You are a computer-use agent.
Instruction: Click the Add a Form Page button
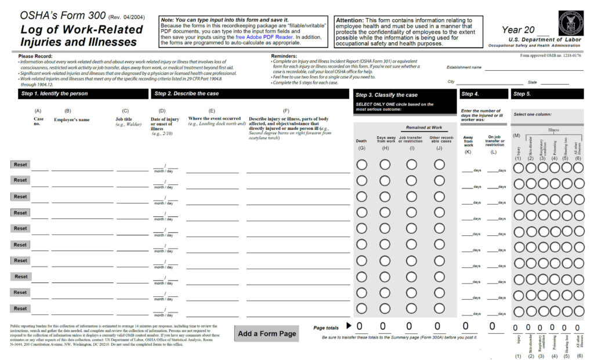click(267, 333)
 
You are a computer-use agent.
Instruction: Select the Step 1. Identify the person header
click(55, 93)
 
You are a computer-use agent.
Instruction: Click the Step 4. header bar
click(470, 94)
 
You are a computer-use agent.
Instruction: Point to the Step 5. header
click(522, 94)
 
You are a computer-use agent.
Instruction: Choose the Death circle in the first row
click(361, 165)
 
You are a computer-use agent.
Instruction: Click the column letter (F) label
click(286, 110)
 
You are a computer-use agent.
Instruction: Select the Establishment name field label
click(464, 67)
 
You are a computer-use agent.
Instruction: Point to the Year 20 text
click(519, 30)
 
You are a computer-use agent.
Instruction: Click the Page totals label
click(325, 328)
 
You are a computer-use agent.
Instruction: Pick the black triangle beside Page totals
click(349, 326)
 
